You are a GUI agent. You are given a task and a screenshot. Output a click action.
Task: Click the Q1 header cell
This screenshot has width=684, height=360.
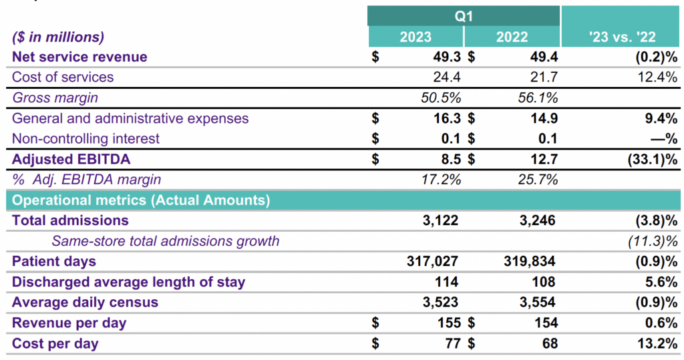pos(464,15)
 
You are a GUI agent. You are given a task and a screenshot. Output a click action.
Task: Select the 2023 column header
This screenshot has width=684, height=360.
pos(415,37)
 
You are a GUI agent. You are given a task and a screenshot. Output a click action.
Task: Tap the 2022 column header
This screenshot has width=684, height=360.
pos(512,37)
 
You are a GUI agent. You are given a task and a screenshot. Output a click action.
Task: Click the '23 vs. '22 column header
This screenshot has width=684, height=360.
pos(621,37)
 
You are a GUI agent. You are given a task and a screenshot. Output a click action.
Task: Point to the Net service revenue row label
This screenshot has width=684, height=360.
pos(79,57)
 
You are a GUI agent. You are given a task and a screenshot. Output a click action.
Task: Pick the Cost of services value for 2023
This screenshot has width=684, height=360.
pos(446,77)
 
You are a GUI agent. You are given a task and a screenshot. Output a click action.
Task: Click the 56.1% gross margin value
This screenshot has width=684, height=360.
pos(538,98)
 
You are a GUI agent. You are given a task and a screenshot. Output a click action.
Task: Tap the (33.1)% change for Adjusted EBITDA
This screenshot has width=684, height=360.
pos(648,160)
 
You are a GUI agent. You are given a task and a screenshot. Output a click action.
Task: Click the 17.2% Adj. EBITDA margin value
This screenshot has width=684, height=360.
pos(442,180)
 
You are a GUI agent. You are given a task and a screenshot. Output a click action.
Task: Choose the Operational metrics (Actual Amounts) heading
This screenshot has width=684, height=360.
pos(141,200)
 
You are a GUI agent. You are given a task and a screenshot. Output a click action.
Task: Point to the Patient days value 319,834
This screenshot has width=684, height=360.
pos(530,261)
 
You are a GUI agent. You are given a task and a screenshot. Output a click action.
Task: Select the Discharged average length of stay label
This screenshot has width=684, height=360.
pos(128,282)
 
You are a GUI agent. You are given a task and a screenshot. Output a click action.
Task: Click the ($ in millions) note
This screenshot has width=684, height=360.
pos(58,37)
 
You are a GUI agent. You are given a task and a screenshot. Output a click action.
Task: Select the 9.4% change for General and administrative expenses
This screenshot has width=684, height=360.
pos(661,118)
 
